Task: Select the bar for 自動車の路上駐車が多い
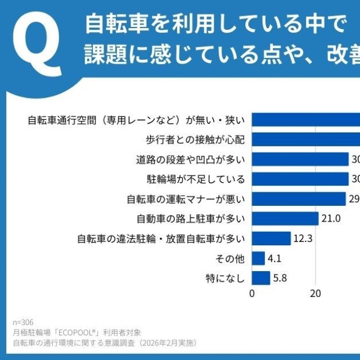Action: coord(285,219)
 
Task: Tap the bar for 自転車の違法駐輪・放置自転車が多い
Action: coord(271,238)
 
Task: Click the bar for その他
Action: coord(258,258)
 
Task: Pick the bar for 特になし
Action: coord(261,278)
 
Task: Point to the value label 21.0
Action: coord(331,219)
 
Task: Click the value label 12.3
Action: coord(303,238)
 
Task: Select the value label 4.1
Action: coord(275,258)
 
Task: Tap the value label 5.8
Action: coord(281,278)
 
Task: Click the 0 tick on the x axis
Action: coord(252,293)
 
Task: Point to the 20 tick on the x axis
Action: coord(316,293)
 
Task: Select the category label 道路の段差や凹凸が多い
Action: coord(190,160)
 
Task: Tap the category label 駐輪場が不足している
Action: coord(195,179)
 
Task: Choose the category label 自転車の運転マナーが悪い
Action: coord(185,199)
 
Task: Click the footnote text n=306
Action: coord(23,323)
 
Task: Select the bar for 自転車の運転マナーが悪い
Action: coord(299,199)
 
